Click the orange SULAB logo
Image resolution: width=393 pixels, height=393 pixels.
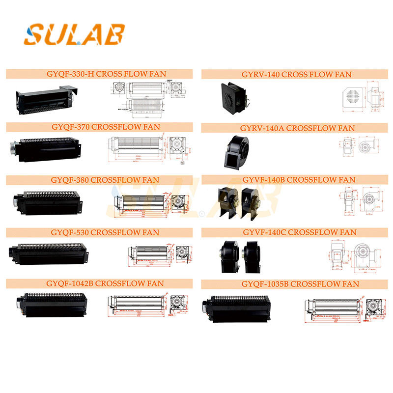point(74,34)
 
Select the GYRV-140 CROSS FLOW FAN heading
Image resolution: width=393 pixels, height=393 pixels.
point(296,75)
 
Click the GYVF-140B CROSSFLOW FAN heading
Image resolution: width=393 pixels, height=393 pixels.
point(297,180)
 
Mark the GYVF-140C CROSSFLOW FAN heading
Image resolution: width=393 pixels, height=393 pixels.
point(297,232)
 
